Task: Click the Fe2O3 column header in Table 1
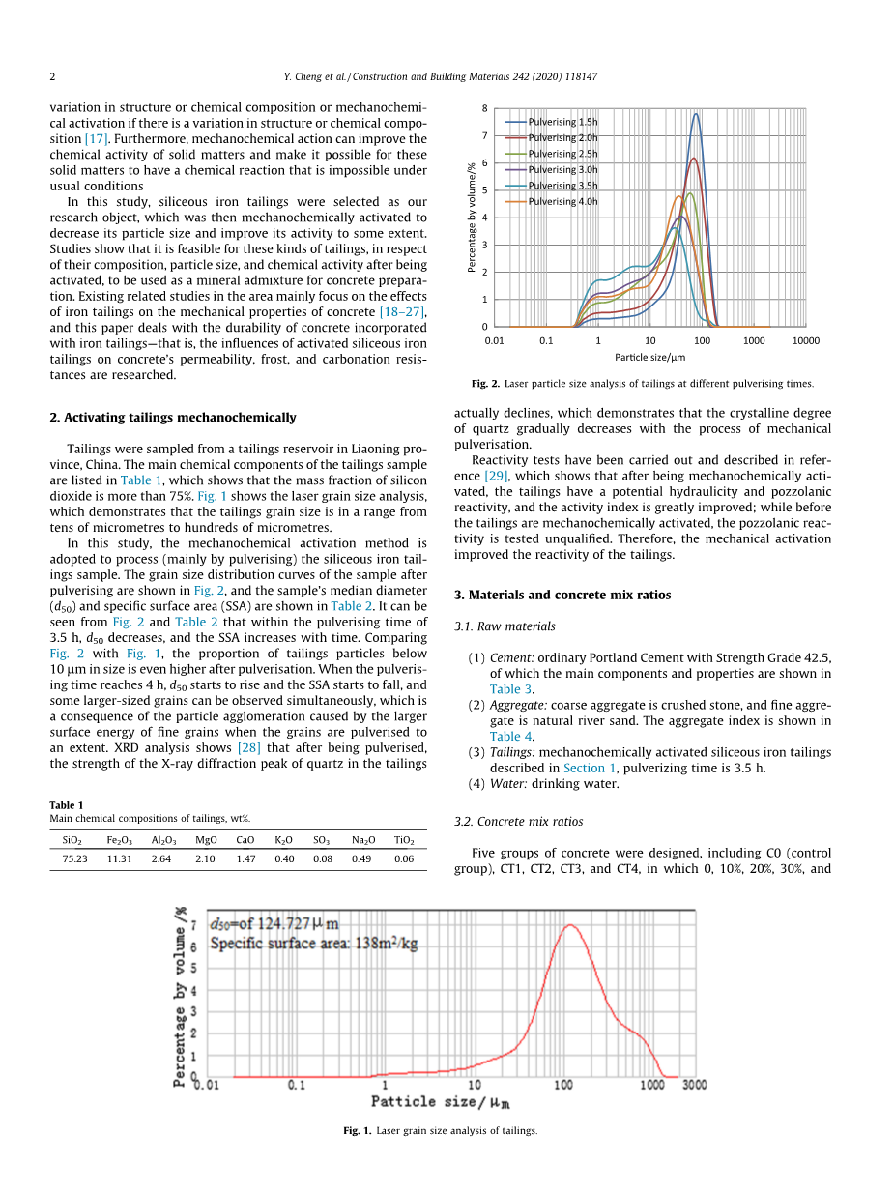click(120, 841)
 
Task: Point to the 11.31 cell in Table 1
click(120, 858)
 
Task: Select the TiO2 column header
click(404, 841)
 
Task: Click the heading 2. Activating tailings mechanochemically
click(173, 418)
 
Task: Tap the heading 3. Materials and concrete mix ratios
click(562, 595)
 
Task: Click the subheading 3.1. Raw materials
click(505, 626)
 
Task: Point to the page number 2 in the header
click(53, 76)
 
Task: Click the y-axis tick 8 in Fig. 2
click(485, 108)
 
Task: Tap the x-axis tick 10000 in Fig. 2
click(805, 340)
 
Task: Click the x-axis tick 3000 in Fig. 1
click(694, 1086)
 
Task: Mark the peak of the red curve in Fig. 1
click(570, 925)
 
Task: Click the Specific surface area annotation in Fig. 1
click(314, 944)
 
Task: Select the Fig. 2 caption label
click(485, 384)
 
